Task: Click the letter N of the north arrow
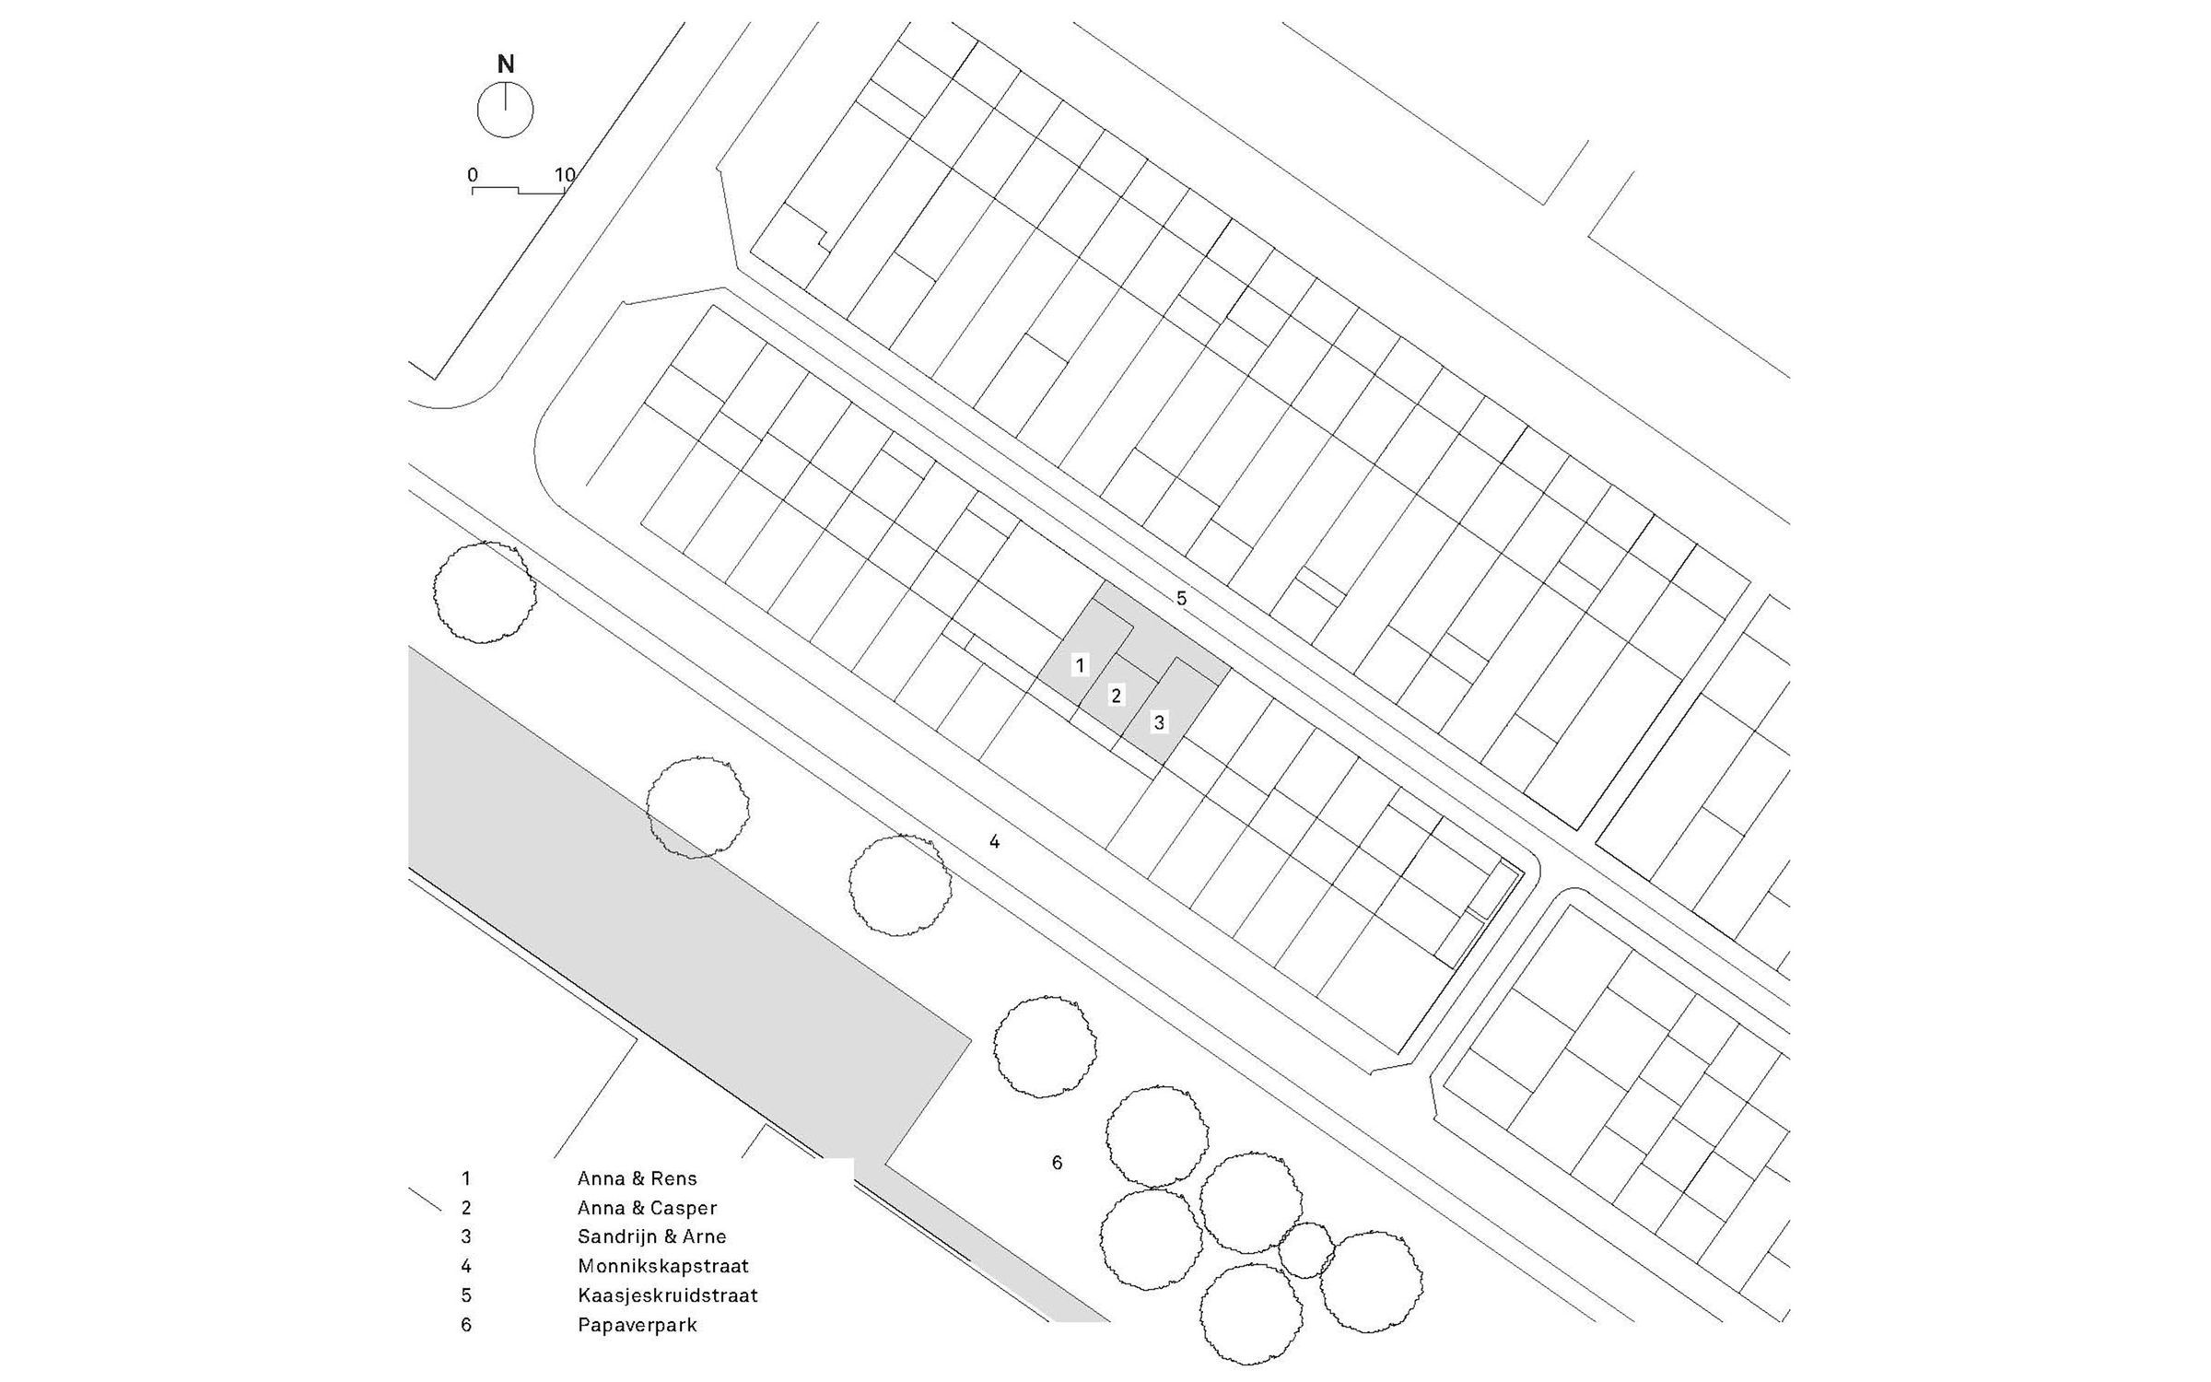point(506,64)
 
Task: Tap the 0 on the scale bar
point(473,175)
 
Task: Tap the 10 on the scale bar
point(565,175)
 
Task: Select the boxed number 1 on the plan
point(1081,664)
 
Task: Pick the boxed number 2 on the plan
point(1117,695)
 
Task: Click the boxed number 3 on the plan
point(1159,722)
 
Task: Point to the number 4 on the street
point(994,841)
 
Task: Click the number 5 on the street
point(1181,599)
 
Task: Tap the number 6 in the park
point(1057,1163)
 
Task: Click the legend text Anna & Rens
point(638,1178)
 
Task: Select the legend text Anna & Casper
point(647,1208)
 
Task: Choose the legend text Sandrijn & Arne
point(652,1236)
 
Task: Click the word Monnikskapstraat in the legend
point(663,1266)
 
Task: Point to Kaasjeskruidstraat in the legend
point(668,1295)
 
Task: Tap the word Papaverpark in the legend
point(638,1326)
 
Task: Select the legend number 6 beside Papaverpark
point(466,1326)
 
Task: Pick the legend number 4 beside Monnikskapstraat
point(466,1266)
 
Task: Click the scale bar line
point(519,191)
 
